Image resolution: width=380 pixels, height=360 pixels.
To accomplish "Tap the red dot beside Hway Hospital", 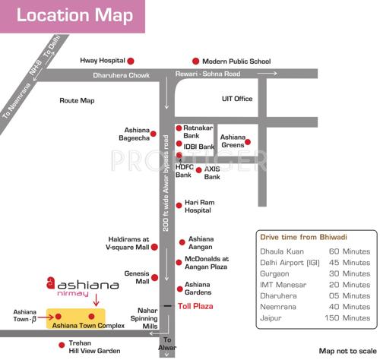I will pyautogui.click(x=131, y=61).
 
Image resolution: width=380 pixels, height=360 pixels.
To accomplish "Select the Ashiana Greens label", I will pyautogui.click(x=233, y=141).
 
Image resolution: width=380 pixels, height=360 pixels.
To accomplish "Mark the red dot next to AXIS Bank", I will pyautogui.click(x=199, y=171).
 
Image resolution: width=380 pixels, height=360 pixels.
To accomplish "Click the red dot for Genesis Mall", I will pyautogui.click(x=157, y=277).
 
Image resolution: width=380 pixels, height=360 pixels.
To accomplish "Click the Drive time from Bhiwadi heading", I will pyautogui.click(x=303, y=237).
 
